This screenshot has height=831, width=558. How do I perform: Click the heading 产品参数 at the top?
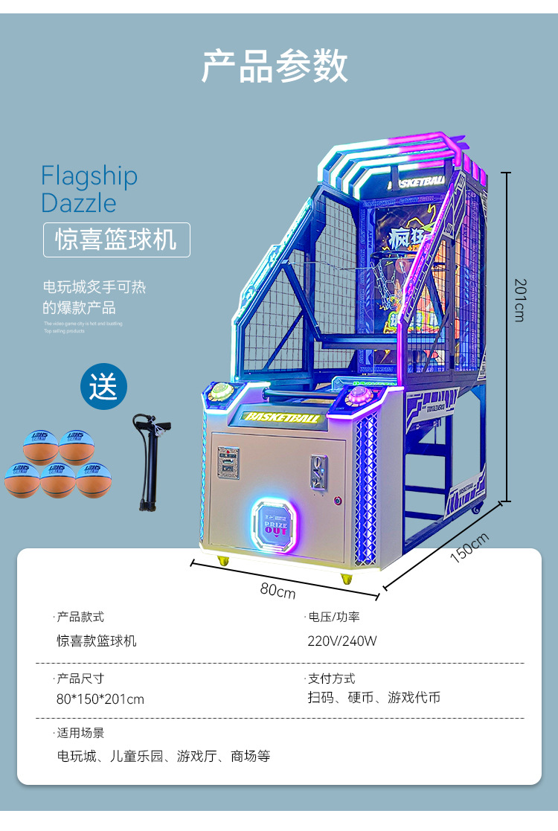click(x=275, y=67)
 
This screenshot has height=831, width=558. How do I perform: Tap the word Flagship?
click(x=89, y=176)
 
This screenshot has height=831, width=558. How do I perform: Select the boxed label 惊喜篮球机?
click(x=117, y=240)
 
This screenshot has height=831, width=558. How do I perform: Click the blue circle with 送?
click(x=104, y=387)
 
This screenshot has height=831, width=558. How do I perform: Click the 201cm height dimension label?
click(x=520, y=300)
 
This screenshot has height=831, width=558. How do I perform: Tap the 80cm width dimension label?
click(x=278, y=591)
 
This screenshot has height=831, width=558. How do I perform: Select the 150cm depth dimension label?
click(x=470, y=548)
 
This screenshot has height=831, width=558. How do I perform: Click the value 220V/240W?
click(x=342, y=641)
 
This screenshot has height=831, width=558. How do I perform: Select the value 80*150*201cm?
click(x=100, y=699)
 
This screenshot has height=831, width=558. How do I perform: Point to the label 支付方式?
click(x=332, y=678)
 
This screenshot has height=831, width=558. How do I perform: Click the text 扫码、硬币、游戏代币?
click(x=374, y=698)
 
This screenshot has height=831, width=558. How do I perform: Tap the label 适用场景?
click(x=81, y=733)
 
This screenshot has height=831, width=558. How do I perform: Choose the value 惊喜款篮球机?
click(x=97, y=641)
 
